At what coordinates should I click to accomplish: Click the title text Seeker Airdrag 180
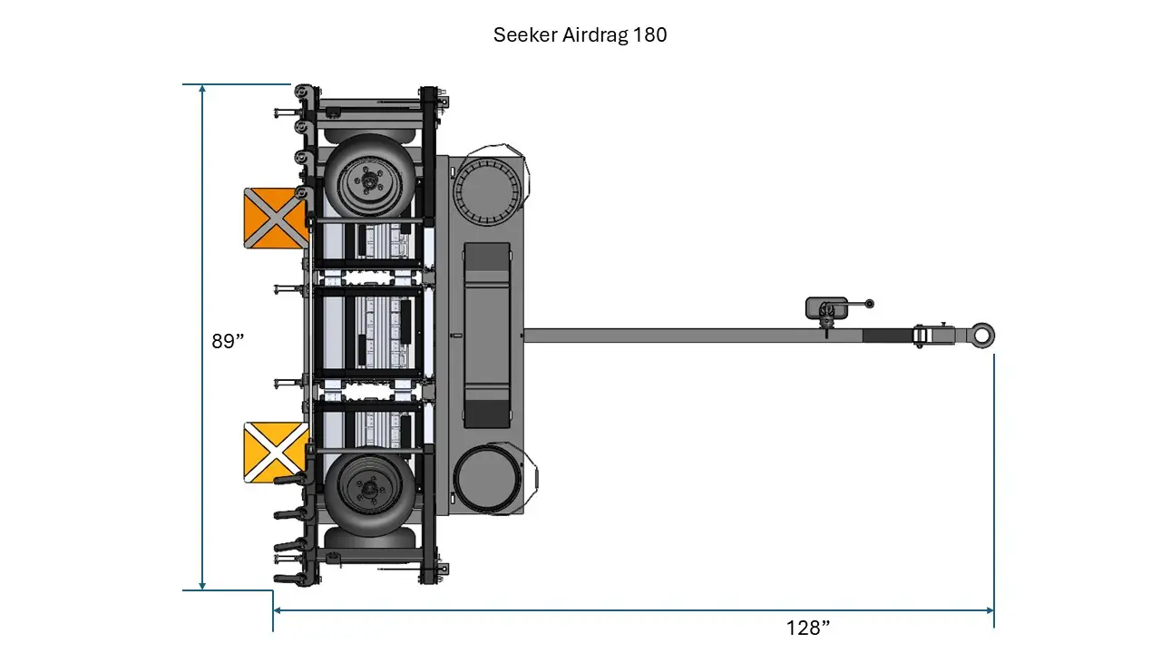click(580, 35)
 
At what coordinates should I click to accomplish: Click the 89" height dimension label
click(229, 341)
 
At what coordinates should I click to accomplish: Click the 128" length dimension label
click(808, 628)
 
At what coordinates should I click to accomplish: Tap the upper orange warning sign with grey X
click(276, 218)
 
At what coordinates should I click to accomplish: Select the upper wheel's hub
click(370, 182)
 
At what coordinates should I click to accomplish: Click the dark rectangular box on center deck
click(487, 336)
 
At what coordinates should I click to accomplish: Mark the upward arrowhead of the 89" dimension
click(202, 90)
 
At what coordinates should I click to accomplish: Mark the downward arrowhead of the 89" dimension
click(202, 585)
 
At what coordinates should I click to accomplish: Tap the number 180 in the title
click(650, 35)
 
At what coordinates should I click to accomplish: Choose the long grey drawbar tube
click(689, 336)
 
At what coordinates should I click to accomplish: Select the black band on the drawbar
click(887, 336)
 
